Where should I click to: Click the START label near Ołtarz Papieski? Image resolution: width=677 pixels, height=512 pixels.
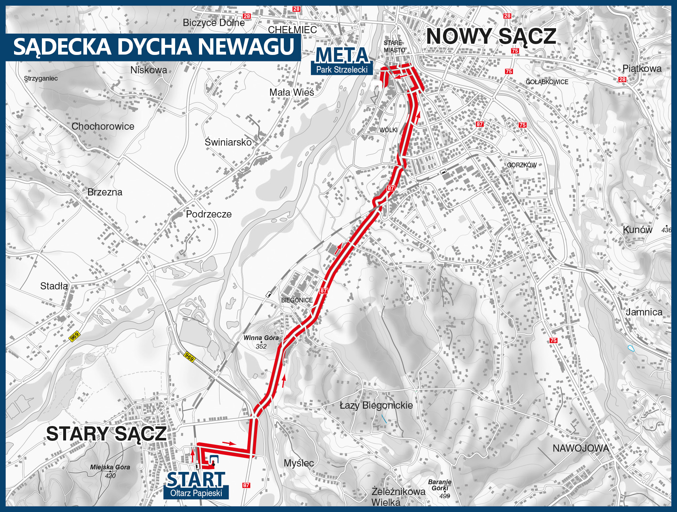pyautogui.click(x=196, y=479)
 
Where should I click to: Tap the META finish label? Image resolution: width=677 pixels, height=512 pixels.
pyautogui.click(x=342, y=55)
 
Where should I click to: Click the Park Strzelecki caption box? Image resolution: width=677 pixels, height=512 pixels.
pyautogui.click(x=342, y=69)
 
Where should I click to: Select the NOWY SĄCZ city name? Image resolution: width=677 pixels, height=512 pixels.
pyautogui.click(x=491, y=36)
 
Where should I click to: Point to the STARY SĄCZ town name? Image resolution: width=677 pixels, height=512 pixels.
pyautogui.click(x=106, y=434)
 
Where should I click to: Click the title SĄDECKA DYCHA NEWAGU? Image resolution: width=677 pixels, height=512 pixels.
pyautogui.click(x=153, y=47)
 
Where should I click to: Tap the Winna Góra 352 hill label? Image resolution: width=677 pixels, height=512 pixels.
pyautogui.click(x=261, y=342)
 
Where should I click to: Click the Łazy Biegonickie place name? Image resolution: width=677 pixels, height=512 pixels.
pyautogui.click(x=376, y=405)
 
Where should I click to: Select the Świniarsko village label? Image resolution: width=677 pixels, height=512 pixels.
pyautogui.click(x=228, y=142)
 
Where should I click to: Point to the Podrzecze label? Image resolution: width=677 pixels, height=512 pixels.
pyautogui.click(x=209, y=214)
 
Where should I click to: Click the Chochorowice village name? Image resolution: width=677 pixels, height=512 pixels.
pyautogui.click(x=103, y=126)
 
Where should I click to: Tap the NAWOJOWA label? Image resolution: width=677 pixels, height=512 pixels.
pyautogui.click(x=581, y=448)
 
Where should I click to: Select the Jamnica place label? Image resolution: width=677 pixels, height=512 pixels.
pyautogui.click(x=644, y=312)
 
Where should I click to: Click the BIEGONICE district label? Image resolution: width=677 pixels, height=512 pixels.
pyautogui.click(x=297, y=300)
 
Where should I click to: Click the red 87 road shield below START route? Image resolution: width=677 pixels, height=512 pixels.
pyautogui.click(x=246, y=485)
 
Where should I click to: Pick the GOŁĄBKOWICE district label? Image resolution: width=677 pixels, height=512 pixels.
pyautogui.click(x=547, y=82)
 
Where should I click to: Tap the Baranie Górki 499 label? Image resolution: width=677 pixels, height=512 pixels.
pyautogui.click(x=440, y=489)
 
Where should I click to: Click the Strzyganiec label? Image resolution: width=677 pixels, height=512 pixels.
pyautogui.click(x=41, y=78)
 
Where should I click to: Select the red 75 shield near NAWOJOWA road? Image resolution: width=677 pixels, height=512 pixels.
pyautogui.click(x=553, y=340)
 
